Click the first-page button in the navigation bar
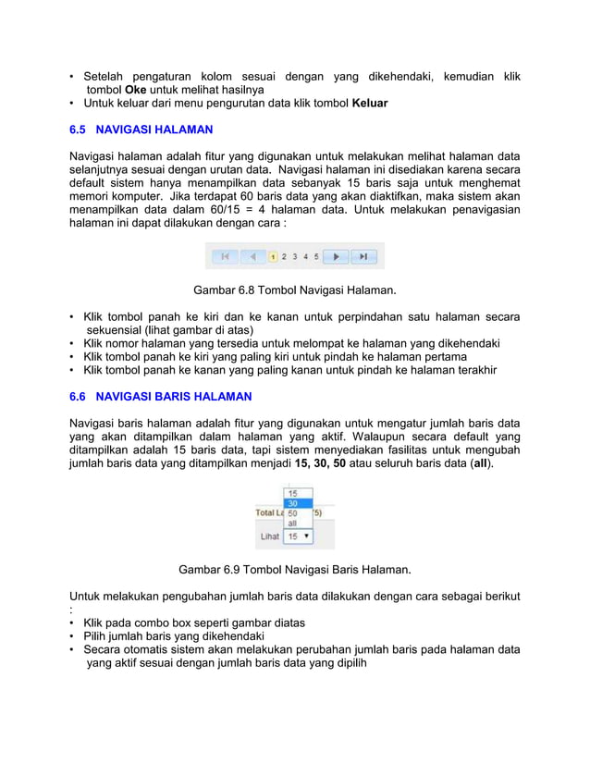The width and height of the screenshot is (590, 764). [x=223, y=256]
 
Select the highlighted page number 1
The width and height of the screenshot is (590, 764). [x=274, y=256]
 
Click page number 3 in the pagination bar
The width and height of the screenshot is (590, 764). [x=295, y=256]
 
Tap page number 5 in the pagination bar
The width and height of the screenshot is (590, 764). [x=316, y=256]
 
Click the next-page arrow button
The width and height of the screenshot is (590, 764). [x=338, y=256]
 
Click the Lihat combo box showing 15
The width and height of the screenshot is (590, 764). [x=297, y=536]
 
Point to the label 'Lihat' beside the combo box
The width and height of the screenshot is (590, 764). [x=269, y=536]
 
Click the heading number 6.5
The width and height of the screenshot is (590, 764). [x=80, y=129]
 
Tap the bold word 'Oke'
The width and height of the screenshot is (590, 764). [x=136, y=90]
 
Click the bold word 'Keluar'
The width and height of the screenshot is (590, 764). [x=370, y=104]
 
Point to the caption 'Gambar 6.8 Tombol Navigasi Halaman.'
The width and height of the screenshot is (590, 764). [x=294, y=291]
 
